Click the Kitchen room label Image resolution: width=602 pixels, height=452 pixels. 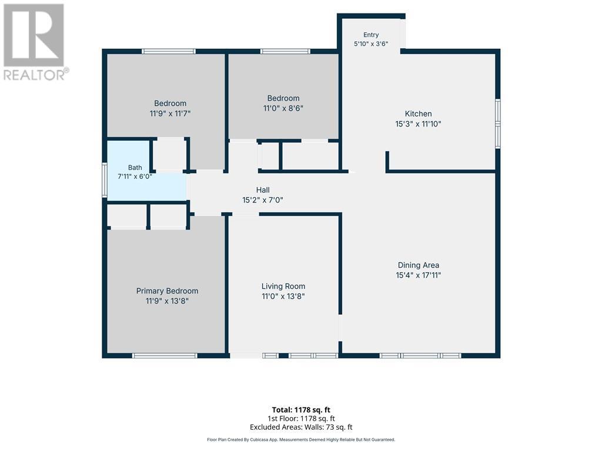pos(418,114)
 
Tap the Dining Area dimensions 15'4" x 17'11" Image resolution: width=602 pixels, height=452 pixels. pos(418,275)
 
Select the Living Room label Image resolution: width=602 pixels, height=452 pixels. pos(283,287)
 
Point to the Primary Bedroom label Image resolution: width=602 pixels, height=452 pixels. pos(167,291)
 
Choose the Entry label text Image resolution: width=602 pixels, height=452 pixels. pos(371,35)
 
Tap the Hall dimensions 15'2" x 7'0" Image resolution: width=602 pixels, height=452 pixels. pos(263,200)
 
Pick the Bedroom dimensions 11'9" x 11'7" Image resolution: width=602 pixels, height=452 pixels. pos(170,114)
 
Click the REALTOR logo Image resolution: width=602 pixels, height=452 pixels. pos(35,42)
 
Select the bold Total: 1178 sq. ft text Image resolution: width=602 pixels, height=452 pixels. pos(301,410)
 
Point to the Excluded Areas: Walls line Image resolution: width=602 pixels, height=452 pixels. pos(301,427)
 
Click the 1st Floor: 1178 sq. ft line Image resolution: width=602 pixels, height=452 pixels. pos(301,418)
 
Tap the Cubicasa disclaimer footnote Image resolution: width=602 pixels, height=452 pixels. pos(301,440)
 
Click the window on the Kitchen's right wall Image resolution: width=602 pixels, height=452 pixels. pos(497,124)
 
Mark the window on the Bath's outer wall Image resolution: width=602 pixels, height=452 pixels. pos(105,180)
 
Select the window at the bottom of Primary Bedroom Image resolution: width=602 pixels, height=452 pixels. pos(165,356)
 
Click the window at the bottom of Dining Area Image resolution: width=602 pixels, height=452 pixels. pos(420,356)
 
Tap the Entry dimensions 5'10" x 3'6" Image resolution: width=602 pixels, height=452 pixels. pos(371,44)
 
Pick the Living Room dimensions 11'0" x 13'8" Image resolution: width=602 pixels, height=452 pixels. pos(283,297)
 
